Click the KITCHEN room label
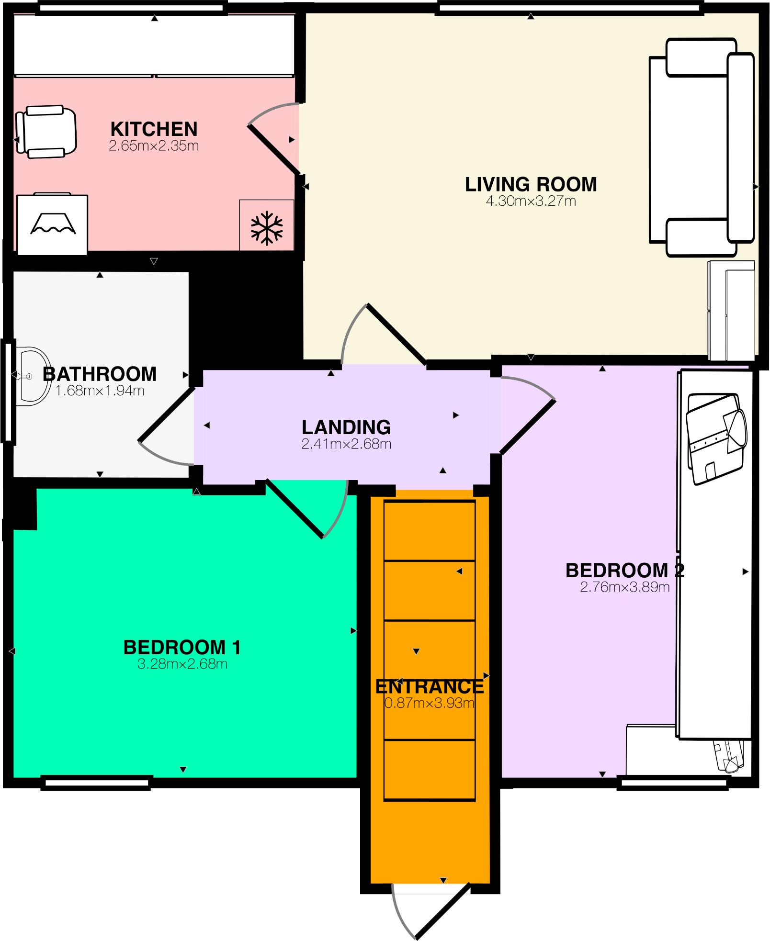click(x=154, y=129)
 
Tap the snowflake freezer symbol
click(x=267, y=228)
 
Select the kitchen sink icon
click(x=52, y=224)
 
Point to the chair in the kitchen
click(x=46, y=132)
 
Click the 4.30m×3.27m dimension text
click(x=531, y=201)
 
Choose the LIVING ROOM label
click(x=531, y=184)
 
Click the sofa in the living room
click(x=701, y=147)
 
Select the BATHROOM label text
click(x=100, y=374)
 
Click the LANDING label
click(x=346, y=427)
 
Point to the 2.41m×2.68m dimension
click(x=346, y=444)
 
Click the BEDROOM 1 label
click(x=182, y=647)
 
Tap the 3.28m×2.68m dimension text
click(x=182, y=664)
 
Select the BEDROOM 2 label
click(x=624, y=571)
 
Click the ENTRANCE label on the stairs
click(x=430, y=687)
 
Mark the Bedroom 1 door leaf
click(x=294, y=509)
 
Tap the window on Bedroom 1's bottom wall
click(x=96, y=783)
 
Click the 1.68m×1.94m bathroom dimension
click(x=100, y=391)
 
